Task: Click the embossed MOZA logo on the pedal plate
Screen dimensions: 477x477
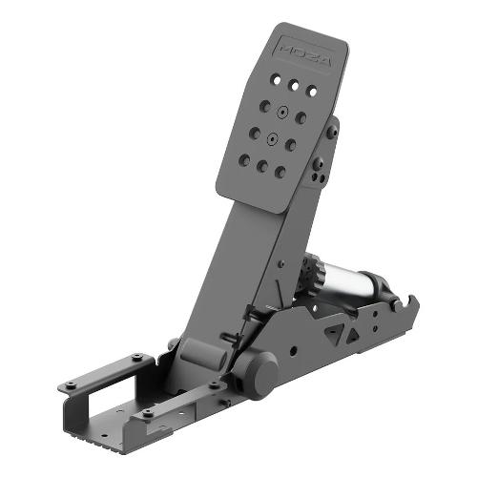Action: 306,55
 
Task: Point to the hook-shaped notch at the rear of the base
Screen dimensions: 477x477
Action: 406,303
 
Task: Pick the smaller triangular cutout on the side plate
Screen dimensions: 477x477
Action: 352,336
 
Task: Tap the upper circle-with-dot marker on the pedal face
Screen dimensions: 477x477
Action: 281,112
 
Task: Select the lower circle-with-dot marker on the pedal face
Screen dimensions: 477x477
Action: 272,138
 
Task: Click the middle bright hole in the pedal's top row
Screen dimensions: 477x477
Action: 295,85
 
